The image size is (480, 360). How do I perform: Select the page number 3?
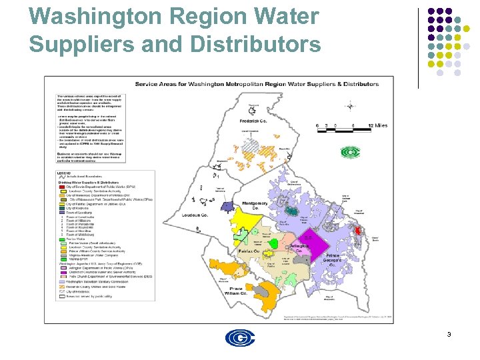449,334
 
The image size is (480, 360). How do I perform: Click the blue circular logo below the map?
239,338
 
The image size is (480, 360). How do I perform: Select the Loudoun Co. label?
195,216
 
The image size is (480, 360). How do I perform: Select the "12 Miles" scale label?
378,125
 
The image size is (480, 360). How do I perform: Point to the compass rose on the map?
349,105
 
